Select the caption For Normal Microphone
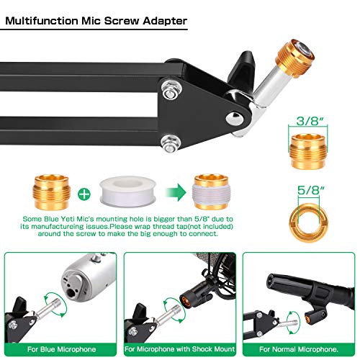[299, 350]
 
